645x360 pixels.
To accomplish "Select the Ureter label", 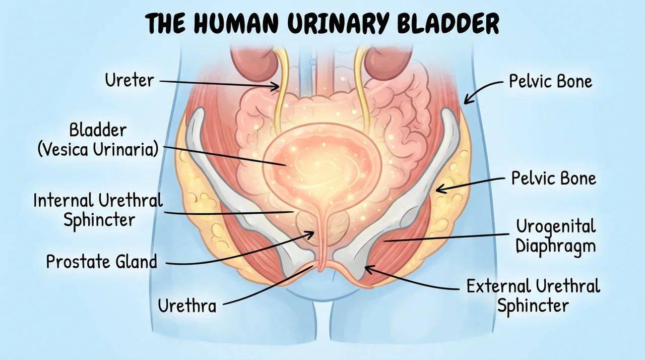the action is [x=130, y=80].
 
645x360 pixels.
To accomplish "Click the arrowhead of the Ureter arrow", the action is [x=276, y=86].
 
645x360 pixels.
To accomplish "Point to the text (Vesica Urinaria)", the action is [x=98, y=149].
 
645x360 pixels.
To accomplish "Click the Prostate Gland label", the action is [x=102, y=262].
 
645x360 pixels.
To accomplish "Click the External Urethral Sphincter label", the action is [x=533, y=295].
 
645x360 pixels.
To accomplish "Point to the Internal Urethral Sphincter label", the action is [x=98, y=210].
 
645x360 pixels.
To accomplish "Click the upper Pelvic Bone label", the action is [x=551, y=81].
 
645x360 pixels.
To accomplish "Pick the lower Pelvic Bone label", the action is [x=553, y=178].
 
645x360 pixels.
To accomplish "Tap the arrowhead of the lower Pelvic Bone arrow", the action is [x=440, y=189].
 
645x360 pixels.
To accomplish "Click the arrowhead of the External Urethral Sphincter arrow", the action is [x=369, y=269].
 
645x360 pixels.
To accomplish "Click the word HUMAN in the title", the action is [x=236, y=23].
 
